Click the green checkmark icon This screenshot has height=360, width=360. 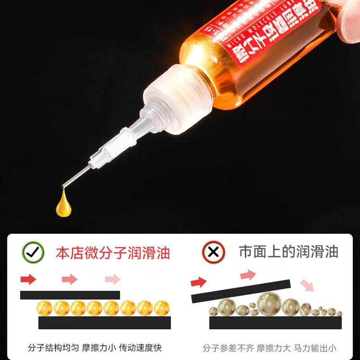(33, 252)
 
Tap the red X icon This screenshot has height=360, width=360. (213, 252)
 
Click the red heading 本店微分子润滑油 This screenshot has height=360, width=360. (113, 252)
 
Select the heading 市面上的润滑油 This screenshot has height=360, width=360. (288, 252)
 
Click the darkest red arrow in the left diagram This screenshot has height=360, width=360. (28, 279)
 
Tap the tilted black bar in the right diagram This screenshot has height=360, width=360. (240, 291)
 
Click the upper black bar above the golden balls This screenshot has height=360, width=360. (70, 295)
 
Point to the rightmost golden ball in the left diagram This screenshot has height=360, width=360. (161, 308)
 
